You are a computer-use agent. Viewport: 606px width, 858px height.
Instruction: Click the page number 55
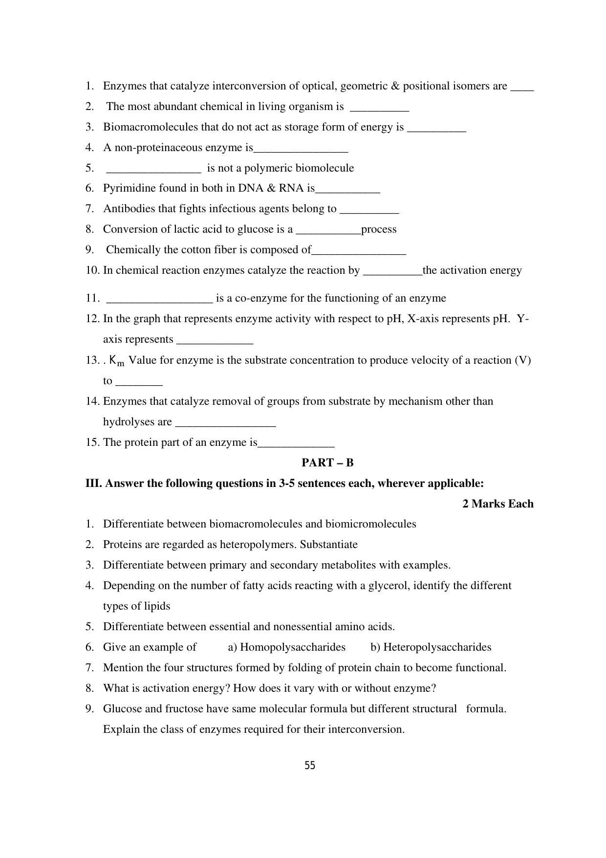tap(310, 766)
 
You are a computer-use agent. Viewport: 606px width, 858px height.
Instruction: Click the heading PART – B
tap(327, 462)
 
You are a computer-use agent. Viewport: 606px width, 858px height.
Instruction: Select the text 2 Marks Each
tap(498, 504)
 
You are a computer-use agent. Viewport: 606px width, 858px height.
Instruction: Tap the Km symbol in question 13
tap(117, 361)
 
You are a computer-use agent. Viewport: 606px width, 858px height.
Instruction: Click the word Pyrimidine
tap(126, 188)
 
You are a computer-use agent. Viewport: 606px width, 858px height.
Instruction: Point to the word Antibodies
tap(127, 209)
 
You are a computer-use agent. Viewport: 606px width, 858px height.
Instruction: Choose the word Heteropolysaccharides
tap(437, 647)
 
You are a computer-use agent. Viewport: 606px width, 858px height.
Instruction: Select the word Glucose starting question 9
tap(121, 709)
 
